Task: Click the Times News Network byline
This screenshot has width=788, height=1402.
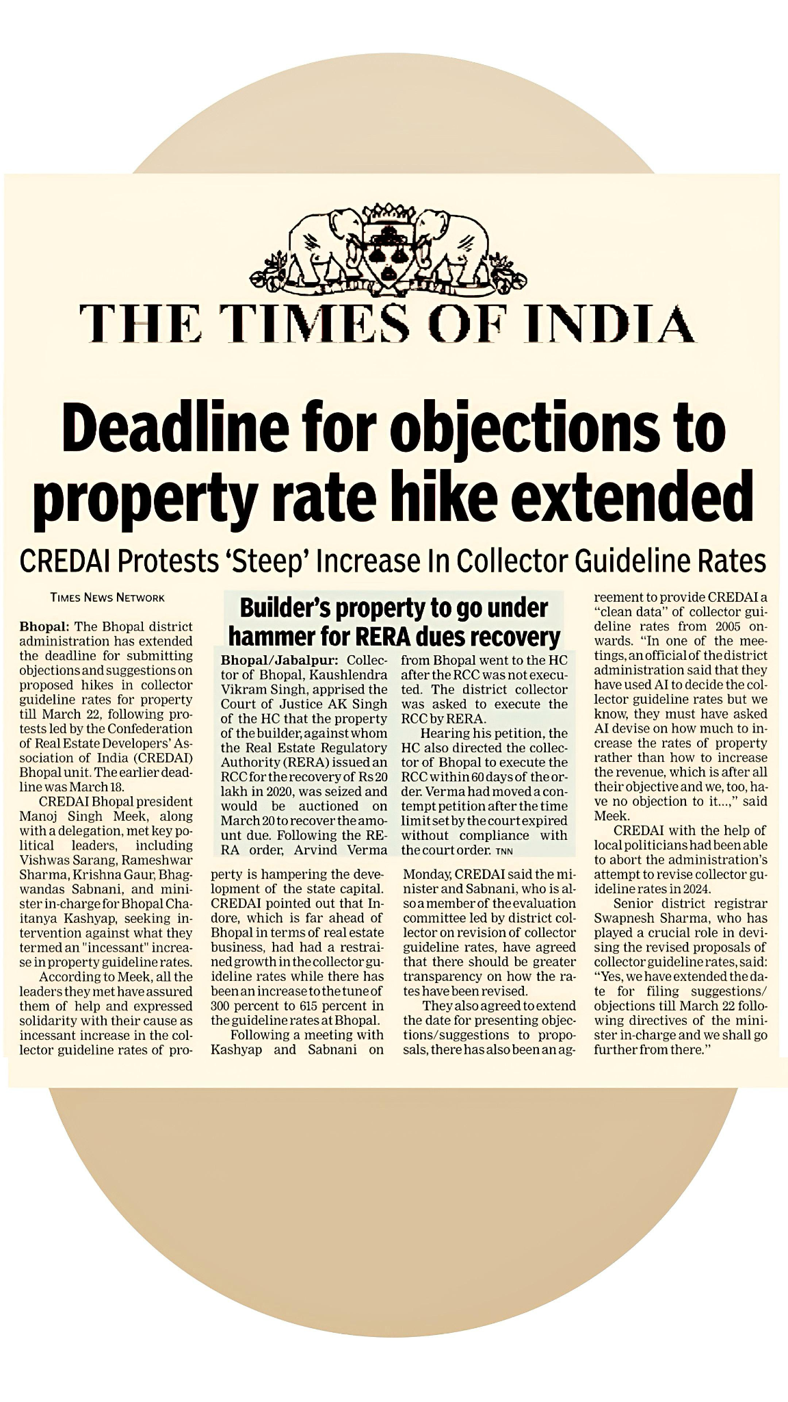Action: click(x=107, y=598)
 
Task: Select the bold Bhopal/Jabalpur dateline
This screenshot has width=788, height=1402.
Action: click(x=279, y=660)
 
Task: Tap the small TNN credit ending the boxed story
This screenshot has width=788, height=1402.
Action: click(x=503, y=851)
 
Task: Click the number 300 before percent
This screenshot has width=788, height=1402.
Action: click(x=221, y=1006)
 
